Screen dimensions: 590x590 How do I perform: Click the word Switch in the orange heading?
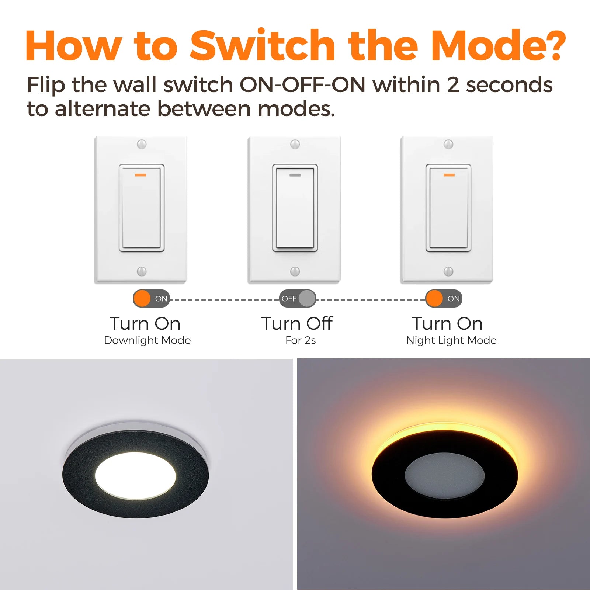[x=262, y=45]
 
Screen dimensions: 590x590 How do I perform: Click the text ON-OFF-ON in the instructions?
[x=302, y=84]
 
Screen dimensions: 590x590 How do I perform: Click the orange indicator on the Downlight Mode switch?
[x=140, y=175]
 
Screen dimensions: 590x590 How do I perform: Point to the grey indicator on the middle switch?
[x=295, y=175]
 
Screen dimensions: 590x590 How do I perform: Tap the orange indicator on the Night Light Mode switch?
[x=449, y=175]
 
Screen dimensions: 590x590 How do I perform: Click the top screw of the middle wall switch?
[x=295, y=144]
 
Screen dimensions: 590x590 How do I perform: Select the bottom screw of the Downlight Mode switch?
[x=142, y=271]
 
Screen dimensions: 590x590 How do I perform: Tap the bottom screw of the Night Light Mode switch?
[x=448, y=271]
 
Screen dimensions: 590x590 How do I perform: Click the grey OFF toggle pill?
[x=298, y=299]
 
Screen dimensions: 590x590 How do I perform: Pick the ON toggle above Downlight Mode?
[x=151, y=299]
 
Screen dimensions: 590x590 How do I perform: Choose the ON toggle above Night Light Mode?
[x=444, y=299]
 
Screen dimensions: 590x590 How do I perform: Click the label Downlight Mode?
[x=147, y=340]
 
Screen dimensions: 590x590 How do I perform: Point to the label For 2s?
[x=301, y=340]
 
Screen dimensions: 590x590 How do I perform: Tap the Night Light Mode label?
[x=451, y=340]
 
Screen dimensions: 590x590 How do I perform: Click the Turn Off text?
[x=297, y=323]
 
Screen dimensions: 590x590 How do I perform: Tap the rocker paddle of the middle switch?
[x=295, y=208]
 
